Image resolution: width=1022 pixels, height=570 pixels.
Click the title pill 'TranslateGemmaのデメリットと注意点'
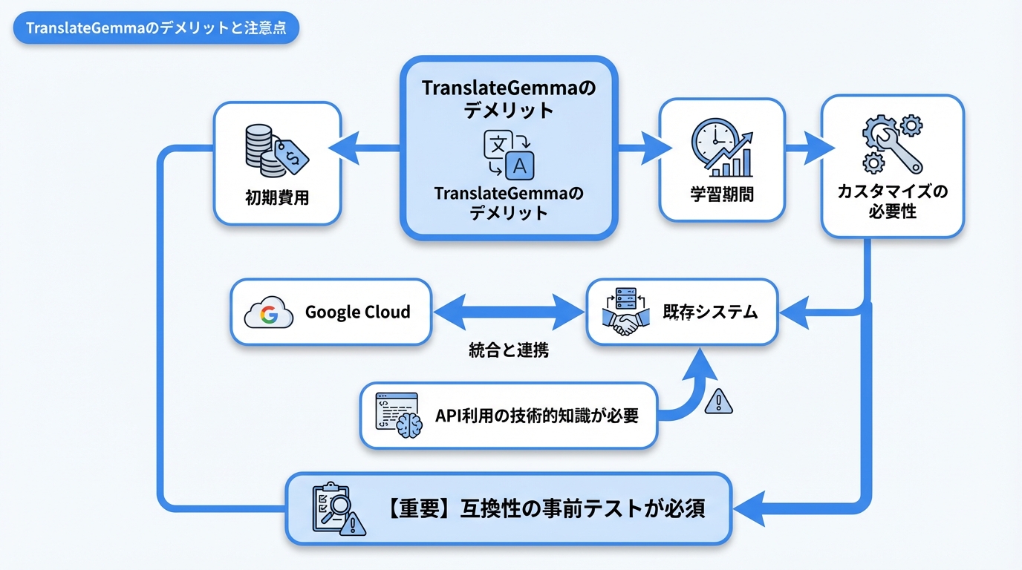(x=156, y=29)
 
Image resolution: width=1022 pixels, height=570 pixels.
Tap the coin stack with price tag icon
(x=276, y=151)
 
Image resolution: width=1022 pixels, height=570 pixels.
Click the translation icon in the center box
(x=509, y=155)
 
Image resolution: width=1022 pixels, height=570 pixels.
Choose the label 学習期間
(x=722, y=195)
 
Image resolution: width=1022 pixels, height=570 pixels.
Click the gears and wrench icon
(x=892, y=144)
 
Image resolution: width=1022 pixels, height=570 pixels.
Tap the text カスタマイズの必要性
(x=892, y=202)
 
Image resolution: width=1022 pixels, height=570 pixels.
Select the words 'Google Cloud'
(x=357, y=312)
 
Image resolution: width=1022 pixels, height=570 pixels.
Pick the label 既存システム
(x=710, y=312)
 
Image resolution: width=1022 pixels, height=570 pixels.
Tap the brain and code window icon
(x=397, y=416)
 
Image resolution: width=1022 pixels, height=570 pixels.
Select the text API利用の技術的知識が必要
(x=536, y=416)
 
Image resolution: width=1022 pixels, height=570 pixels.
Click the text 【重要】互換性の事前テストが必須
(x=546, y=509)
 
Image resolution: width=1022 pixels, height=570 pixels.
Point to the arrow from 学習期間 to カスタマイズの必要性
(x=803, y=148)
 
